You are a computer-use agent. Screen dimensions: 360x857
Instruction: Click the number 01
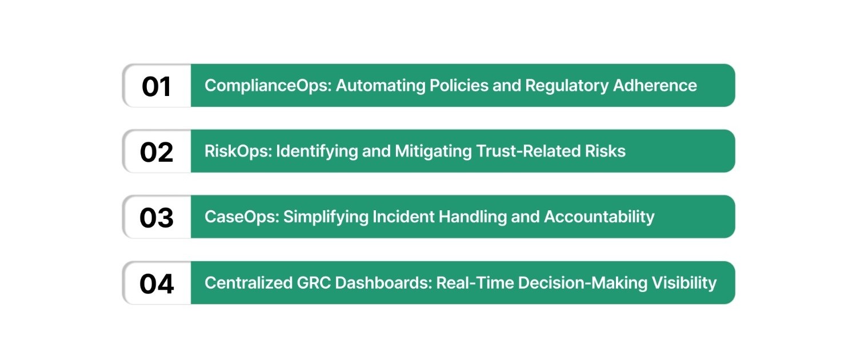coord(157,86)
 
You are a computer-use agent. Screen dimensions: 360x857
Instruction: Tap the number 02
coord(157,152)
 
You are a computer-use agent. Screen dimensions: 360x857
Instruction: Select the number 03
coord(157,218)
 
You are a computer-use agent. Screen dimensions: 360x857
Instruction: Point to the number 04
coord(157,284)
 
